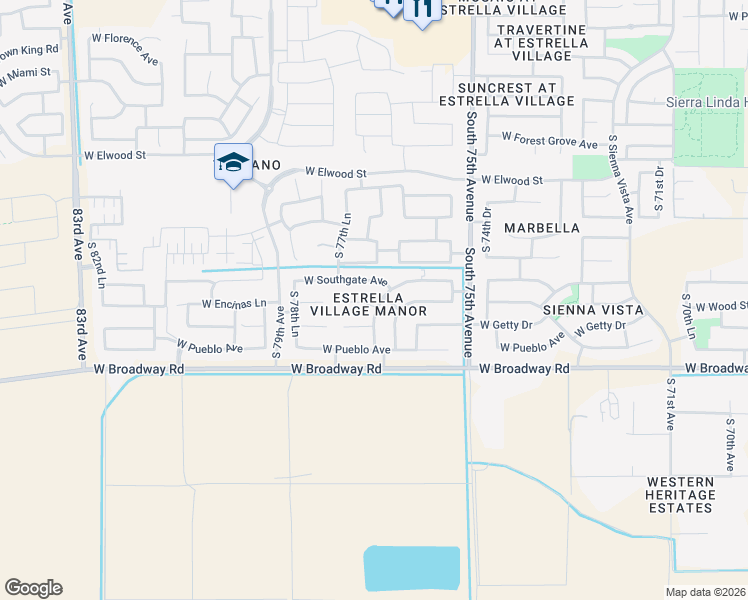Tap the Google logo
[33, 588]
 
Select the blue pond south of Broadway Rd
[412, 569]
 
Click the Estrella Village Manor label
[368, 305]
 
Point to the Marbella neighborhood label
[541, 228]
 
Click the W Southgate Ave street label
[345, 282]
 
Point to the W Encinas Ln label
[234, 303]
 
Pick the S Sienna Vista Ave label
[620, 181]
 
